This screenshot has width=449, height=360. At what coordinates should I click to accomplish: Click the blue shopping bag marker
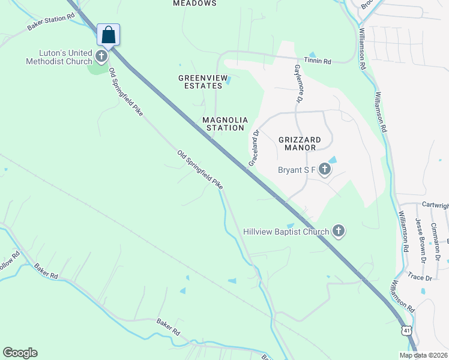[x=108, y=35]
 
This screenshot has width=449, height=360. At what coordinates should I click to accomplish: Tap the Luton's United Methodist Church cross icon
[x=101, y=57]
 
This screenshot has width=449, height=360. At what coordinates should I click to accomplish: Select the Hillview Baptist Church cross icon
[x=339, y=231]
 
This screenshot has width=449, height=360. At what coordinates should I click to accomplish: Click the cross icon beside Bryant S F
[x=324, y=170]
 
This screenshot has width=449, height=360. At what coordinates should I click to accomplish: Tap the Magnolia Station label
[x=224, y=124]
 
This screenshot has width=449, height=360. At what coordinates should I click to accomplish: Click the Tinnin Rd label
[x=318, y=61]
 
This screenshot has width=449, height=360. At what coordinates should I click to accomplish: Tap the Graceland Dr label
[x=254, y=149]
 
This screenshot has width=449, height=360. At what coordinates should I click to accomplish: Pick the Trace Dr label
[x=420, y=278]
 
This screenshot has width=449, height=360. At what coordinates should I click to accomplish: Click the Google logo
[x=20, y=353]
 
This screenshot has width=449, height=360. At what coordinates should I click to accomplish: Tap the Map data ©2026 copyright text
[x=423, y=355]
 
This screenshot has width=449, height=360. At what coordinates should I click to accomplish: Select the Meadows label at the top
[x=194, y=4]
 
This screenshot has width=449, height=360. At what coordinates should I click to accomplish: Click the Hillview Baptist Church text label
[x=286, y=232]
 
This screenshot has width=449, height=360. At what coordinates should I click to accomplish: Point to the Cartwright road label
[x=435, y=205]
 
